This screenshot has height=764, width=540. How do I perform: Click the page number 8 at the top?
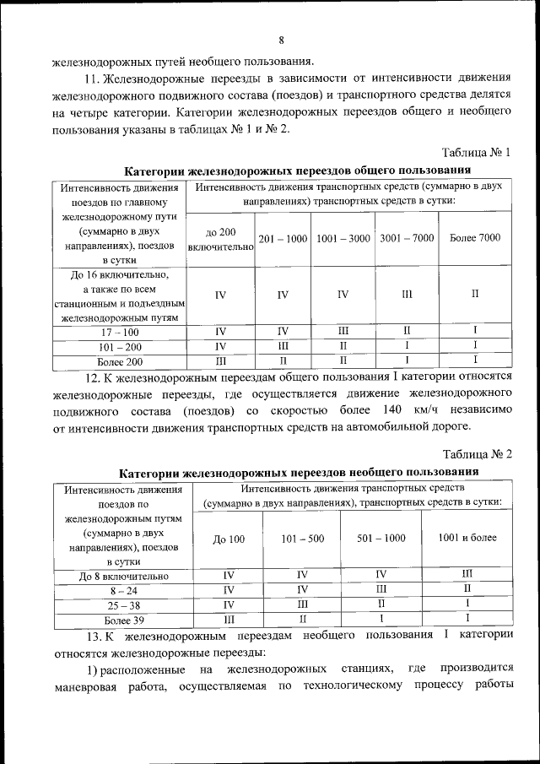(281, 40)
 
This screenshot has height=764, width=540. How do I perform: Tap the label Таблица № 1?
(477, 152)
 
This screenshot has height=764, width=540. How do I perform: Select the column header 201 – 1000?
(283, 239)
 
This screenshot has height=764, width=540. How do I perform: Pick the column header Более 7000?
(475, 238)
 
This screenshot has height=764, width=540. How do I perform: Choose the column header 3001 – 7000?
(407, 239)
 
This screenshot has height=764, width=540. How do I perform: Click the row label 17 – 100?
(119, 332)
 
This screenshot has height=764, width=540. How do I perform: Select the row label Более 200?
(119, 362)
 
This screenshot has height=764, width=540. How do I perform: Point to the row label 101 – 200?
(119, 347)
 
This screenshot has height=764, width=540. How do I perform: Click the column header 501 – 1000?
(381, 539)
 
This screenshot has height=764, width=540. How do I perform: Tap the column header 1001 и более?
(467, 538)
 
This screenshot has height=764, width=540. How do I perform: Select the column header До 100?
(229, 539)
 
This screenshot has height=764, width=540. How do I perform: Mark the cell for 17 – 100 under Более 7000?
(475, 332)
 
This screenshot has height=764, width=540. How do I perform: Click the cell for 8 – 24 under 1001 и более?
(467, 590)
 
